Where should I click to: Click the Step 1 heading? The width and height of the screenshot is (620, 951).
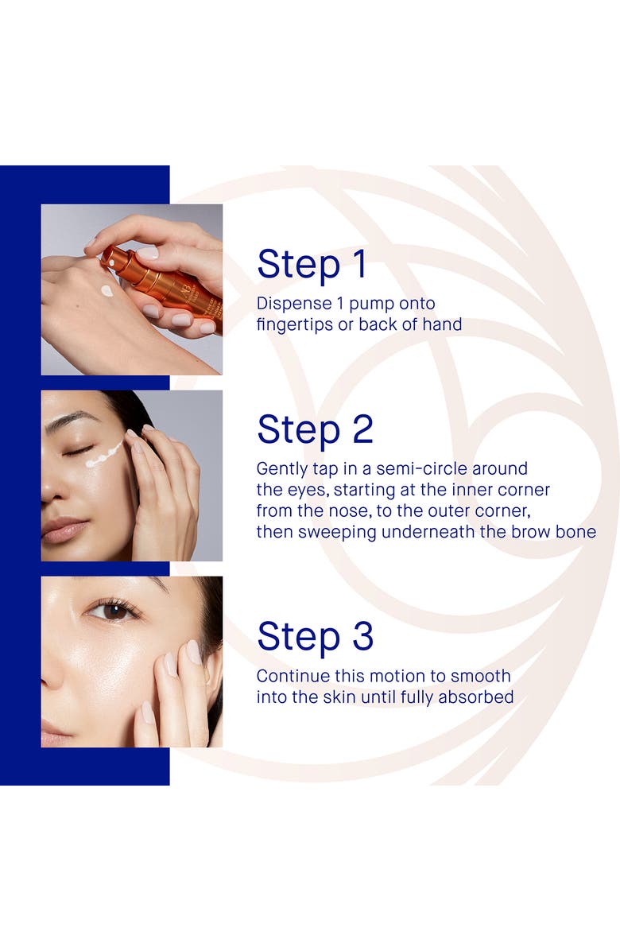312,265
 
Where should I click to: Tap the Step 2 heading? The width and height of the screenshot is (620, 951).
315,429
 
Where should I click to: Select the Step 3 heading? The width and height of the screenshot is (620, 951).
315,636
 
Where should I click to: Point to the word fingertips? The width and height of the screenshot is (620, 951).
295,325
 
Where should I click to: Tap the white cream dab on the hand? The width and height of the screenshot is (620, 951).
107,291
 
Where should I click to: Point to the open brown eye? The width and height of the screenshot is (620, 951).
114,611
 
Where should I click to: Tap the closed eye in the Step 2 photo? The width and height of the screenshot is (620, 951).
77,452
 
